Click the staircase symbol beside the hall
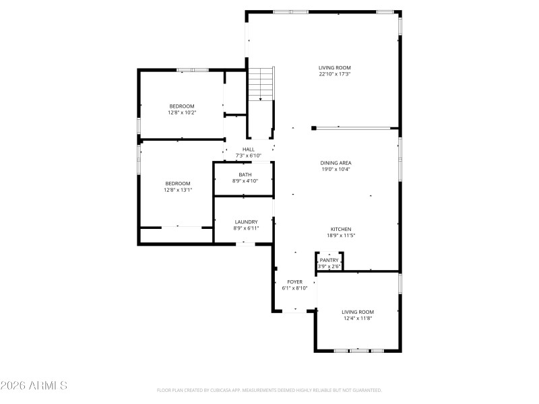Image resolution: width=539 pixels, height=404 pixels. tap(261, 84)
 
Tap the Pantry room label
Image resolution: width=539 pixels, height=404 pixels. tap(329, 260)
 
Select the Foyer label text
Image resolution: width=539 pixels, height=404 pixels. tap(295, 281)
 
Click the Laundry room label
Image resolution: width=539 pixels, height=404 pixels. tap(245, 222)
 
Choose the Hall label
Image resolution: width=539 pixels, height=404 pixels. tap(248, 149)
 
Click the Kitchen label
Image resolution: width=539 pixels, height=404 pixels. tap(340, 229)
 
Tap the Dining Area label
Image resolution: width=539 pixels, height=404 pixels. tap(336, 163)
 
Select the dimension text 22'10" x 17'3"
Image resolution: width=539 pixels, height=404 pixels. tap(335, 74)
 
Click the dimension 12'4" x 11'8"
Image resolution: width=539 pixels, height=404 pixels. tap(357, 318)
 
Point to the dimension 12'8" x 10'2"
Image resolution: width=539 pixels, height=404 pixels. tap(181, 112)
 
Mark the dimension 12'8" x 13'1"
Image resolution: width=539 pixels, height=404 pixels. tap(178, 190)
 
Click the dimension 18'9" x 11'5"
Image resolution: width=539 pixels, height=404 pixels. tap(340, 236)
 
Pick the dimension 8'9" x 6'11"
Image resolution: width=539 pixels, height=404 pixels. tap(245, 229)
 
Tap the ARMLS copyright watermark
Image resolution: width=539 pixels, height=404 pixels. tap(34, 386)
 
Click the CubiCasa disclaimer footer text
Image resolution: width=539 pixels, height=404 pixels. tap(269, 390)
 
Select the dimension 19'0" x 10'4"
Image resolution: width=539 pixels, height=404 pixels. tap(336, 170)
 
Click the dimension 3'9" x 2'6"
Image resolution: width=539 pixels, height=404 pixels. tap(329, 266)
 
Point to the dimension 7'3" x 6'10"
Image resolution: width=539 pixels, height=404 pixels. tap(248, 156)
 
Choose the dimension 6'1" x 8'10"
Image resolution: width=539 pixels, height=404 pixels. tap(295, 288)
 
